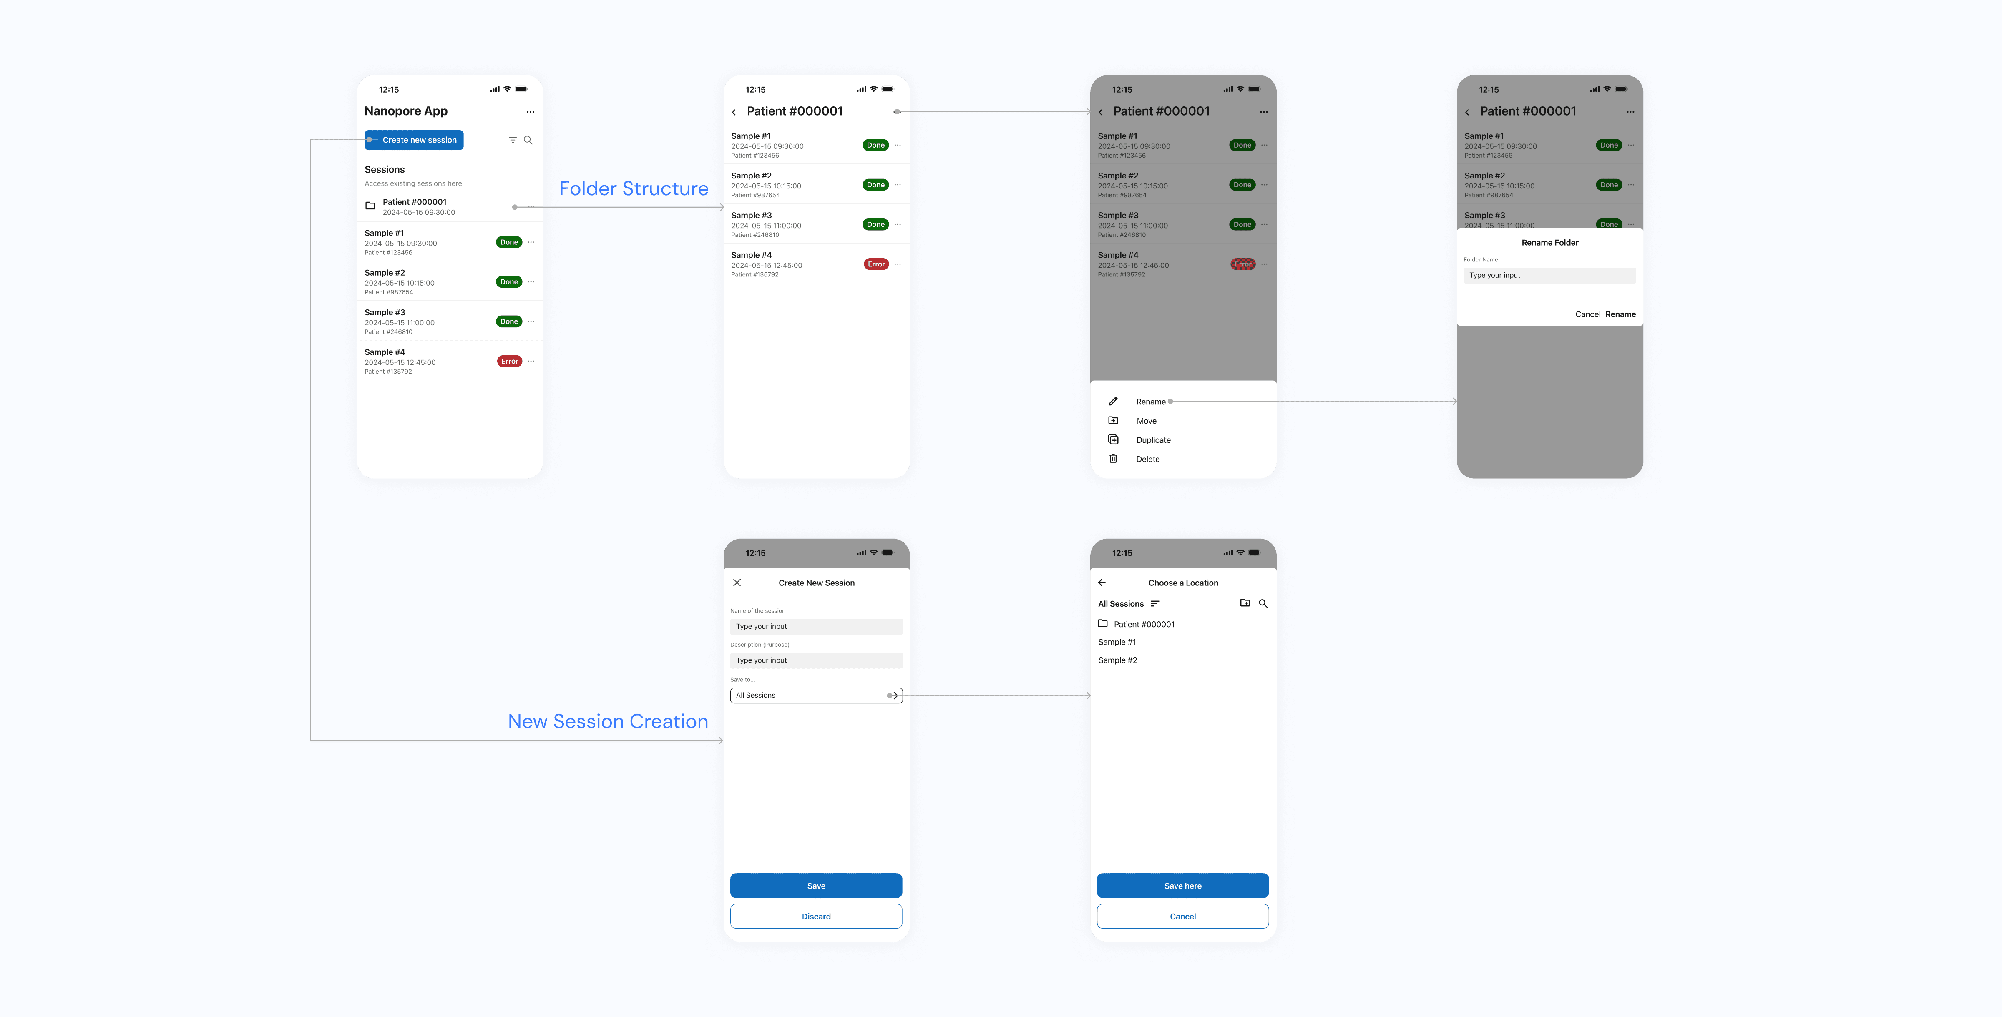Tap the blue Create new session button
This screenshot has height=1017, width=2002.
point(414,140)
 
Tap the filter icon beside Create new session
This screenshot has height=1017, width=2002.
point(512,140)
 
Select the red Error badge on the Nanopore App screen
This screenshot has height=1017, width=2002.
point(509,361)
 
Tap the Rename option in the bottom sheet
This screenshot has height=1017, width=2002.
point(1150,402)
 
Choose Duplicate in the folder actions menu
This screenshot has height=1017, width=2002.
point(1152,440)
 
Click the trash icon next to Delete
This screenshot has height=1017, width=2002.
point(1113,458)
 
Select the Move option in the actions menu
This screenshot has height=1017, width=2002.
point(1146,421)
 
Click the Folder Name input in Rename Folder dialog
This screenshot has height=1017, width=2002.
point(1549,275)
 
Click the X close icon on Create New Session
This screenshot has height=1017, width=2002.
point(737,583)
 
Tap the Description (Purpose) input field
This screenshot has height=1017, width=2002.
point(816,660)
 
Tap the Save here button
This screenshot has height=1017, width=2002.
point(1182,886)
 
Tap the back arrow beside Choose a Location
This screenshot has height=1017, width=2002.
point(1102,583)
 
